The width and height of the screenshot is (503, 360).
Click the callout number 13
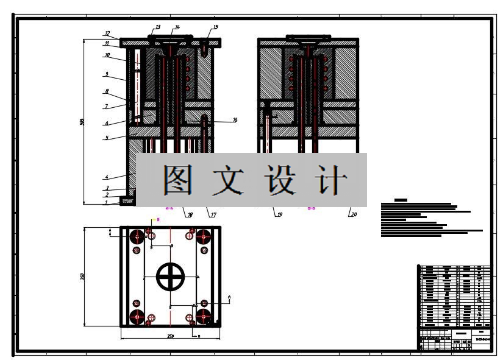[157, 27]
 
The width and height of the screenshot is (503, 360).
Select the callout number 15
[215, 27]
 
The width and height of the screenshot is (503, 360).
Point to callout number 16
[235, 120]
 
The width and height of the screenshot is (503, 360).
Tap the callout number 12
[107, 34]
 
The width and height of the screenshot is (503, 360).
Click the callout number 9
[106, 74]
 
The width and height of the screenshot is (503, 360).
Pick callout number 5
[106, 138]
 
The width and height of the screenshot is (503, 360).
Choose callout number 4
[106, 177]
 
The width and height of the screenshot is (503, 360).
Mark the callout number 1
[106, 202]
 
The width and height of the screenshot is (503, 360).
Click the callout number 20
[354, 214]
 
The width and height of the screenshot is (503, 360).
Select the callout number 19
[279, 214]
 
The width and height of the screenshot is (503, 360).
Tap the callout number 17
[213, 214]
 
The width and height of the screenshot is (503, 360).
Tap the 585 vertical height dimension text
[82, 122]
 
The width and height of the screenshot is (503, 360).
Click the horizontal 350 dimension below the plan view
[171, 336]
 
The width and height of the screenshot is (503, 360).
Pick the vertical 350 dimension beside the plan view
[82, 277]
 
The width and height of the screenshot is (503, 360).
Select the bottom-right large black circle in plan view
[204, 317]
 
